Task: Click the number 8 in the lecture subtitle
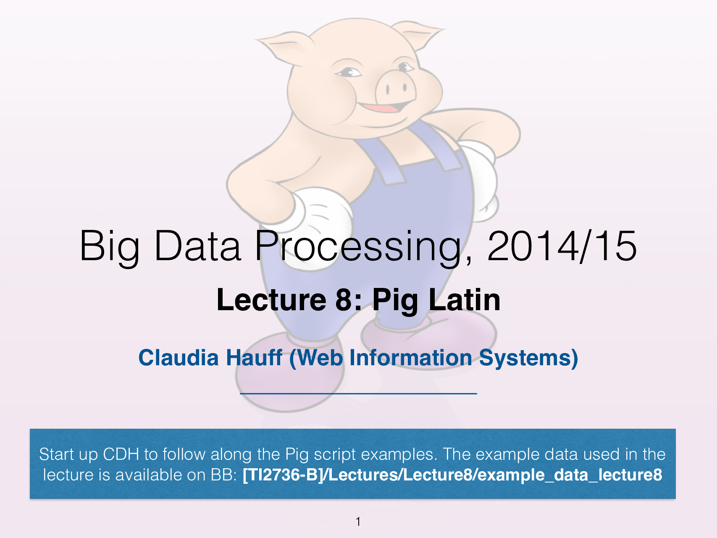click(x=344, y=300)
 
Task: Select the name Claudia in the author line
click(x=179, y=358)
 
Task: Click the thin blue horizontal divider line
click(x=358, y=393)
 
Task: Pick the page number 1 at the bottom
click(x=358, y=522)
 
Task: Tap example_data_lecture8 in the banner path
click(x=570, y=475)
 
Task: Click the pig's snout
click(x=395, y=88)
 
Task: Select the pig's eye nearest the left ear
click(x=349, y=72)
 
